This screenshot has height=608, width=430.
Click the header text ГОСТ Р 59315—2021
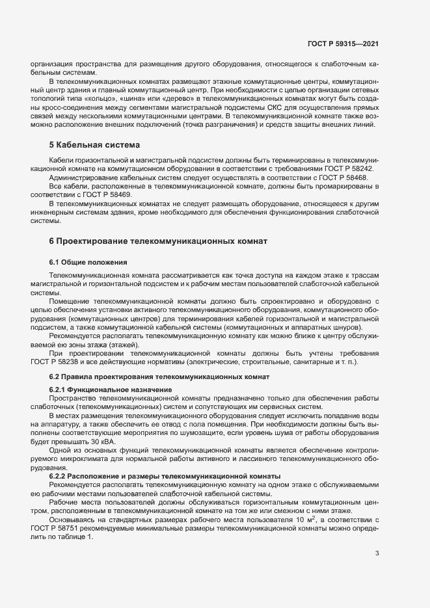(x=343, y=44)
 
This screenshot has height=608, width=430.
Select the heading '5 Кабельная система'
(x=95, y=144)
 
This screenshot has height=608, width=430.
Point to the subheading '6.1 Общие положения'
(x=88, y=261)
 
